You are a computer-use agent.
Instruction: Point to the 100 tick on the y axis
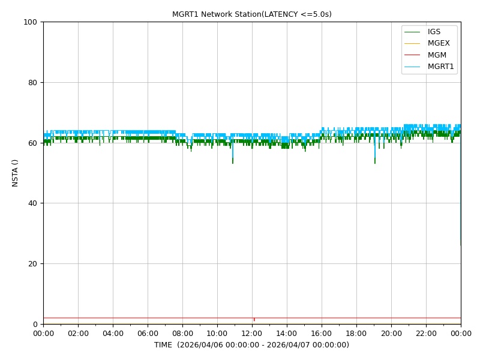point(30,22)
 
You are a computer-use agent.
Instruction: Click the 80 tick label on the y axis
point(32,83)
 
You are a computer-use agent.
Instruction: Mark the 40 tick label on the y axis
point(32,203)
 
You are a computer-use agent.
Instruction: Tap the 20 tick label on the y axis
point(32,264)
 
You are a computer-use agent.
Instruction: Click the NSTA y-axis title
point(14,173)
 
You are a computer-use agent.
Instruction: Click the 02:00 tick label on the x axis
point(78,334)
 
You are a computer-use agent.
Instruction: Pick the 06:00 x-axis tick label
point(148,334)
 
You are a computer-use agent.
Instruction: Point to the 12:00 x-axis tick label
point(252,334)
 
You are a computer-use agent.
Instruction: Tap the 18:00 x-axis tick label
point(356,334)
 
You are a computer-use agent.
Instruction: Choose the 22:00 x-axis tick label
point(426,334)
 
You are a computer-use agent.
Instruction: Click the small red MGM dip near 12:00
point(254,320)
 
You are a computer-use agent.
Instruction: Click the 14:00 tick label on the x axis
point(287,334)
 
